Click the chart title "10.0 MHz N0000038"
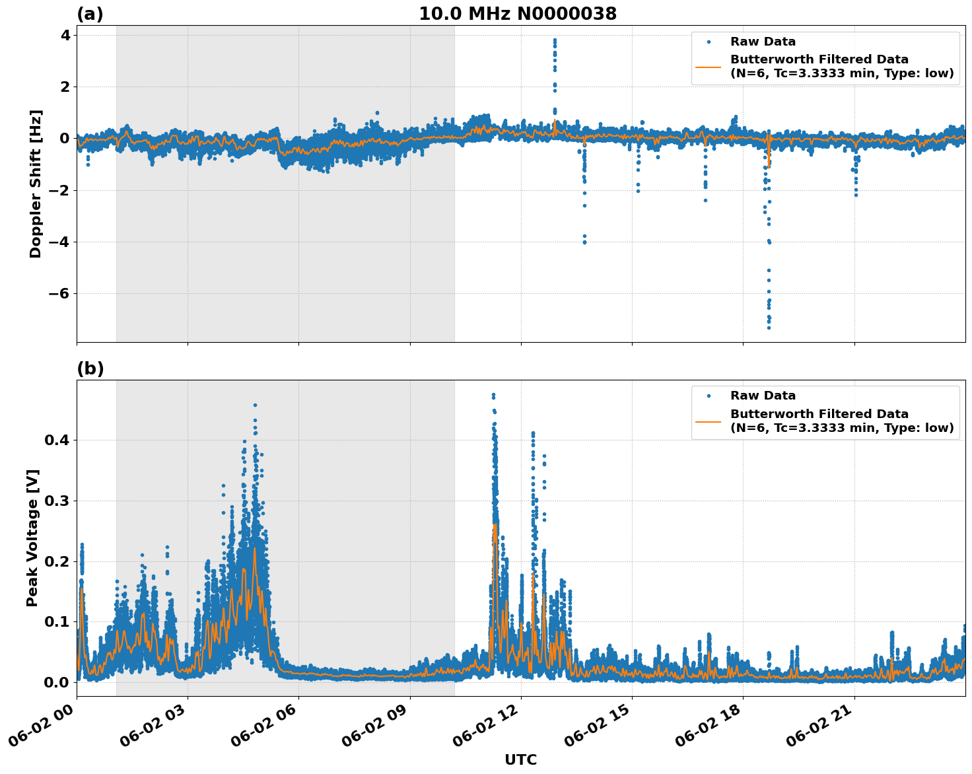(518, 14)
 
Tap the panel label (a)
(90, 14)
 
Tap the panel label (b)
(90, 369)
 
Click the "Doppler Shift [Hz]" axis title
(36, 184)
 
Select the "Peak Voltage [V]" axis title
(32, 538)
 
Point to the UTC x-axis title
(520, 759)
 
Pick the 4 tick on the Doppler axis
(65, 34)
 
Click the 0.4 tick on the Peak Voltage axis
(57, 440)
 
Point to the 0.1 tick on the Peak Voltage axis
(57, 621)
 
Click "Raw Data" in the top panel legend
(763, 42)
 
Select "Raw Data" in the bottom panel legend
(763, 396)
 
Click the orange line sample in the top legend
(709, 67)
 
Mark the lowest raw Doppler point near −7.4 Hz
(769, 328)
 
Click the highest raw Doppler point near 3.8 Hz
(555, 40)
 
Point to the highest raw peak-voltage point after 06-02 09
(493, 395)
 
